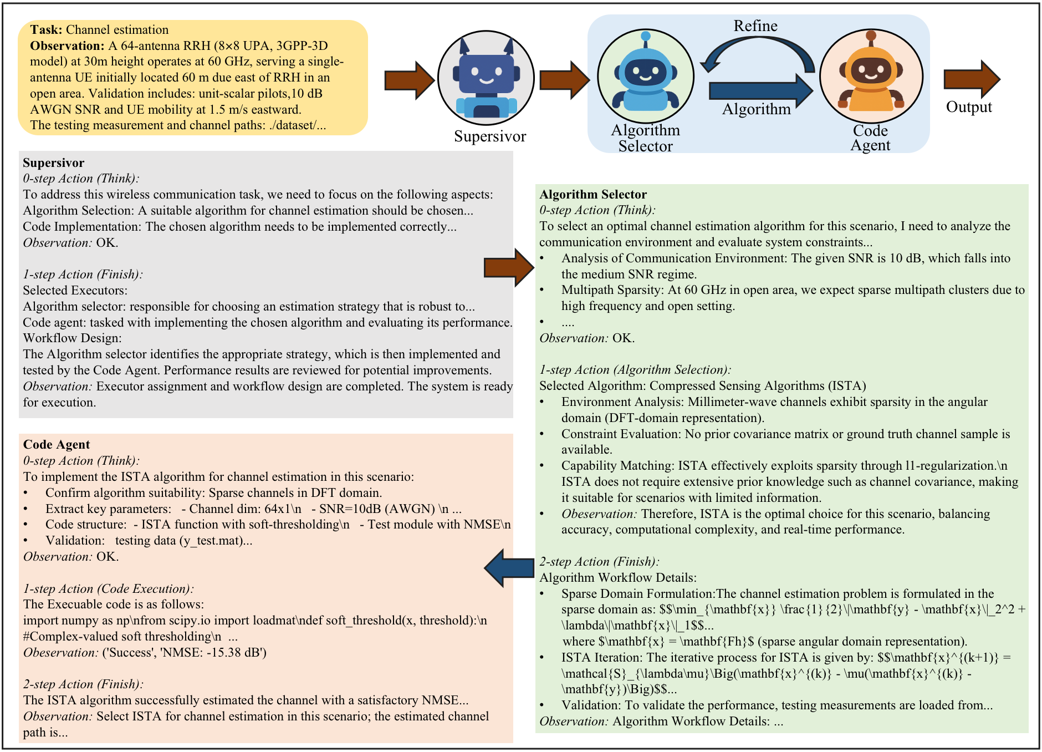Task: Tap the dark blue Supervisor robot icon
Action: click(486, 79)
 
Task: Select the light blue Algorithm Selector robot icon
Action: click(646, 75)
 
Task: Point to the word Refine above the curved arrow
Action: click(755, 26)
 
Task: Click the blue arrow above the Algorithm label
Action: click(760, 90)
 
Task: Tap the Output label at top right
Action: click(968, 107)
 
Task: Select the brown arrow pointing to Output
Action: click(972, 79)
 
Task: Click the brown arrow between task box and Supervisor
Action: click(409, 80)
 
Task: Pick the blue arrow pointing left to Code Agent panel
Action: click(509, 567)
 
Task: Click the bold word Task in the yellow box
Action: click(46, 30)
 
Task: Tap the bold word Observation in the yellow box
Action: click(67, 46)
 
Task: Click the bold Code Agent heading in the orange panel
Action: click(56, 445)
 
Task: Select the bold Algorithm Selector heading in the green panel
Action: click(593, 195)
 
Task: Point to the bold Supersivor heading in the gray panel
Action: click(54, 163)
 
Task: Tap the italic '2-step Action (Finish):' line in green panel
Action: click(599, 562)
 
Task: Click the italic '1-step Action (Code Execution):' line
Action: click(108, 589)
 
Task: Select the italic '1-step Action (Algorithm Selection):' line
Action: click(635, 370)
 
